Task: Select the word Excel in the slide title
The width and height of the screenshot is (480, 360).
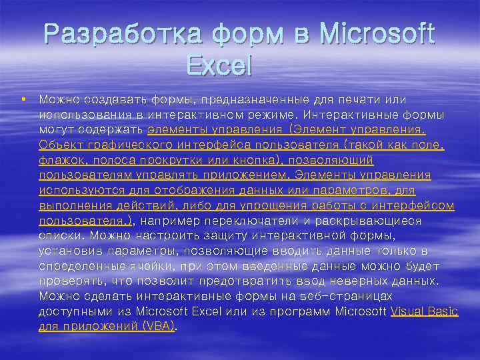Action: [x=218, y=65]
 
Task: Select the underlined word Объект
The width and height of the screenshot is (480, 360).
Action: [x=59, y=145]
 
